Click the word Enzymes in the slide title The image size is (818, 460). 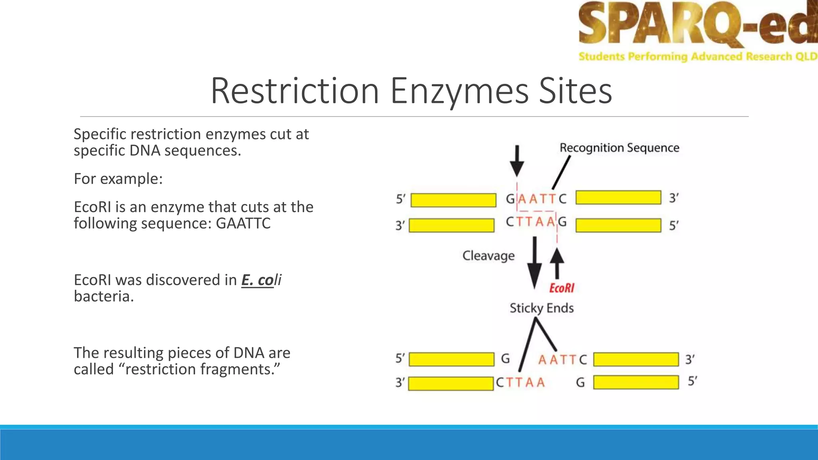459,91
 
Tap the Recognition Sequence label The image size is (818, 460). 619,148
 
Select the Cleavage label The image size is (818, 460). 488,256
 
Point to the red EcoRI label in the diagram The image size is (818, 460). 562,288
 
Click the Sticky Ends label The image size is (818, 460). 542,308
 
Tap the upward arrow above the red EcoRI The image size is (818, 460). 557,263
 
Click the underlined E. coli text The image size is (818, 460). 261,280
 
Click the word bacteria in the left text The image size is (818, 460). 103,297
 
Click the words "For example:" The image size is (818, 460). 118,179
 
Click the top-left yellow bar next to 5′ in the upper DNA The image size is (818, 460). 453,200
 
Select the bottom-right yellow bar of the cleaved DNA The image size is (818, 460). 636,382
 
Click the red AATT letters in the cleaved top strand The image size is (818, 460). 557,360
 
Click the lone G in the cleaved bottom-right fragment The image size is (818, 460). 580,383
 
